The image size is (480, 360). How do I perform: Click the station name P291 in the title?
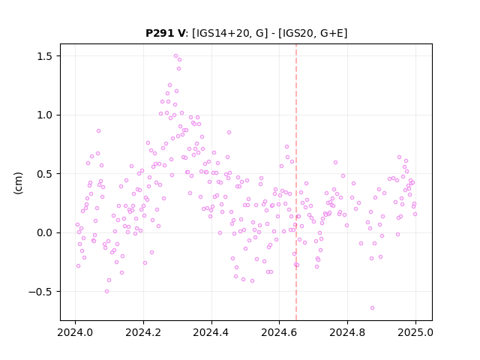160,33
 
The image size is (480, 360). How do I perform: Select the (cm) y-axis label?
18,183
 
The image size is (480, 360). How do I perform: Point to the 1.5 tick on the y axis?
45,56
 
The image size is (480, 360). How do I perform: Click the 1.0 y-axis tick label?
45,115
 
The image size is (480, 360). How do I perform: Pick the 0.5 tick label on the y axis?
45,174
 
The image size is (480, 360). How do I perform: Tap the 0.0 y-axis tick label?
45,232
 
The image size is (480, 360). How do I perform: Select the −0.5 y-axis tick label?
40,292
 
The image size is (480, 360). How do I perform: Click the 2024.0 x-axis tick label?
75,332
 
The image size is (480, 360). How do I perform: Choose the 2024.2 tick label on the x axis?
143,332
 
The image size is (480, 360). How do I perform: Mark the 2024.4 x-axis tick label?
211,332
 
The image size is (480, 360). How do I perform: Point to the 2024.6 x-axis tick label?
279,332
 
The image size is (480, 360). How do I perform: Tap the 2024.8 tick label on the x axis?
347,332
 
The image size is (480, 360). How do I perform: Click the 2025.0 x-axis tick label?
415,332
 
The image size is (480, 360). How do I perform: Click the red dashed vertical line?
296,182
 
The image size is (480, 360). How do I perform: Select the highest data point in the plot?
175,56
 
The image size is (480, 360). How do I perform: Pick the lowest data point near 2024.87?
372,308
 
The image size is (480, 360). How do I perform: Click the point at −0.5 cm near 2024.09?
106,292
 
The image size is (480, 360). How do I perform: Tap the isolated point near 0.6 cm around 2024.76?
335,163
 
